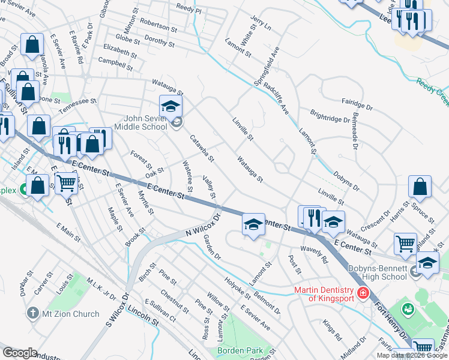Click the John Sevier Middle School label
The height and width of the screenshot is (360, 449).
(x=137, y=122)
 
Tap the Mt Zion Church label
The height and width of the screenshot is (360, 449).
(x=70, y=313)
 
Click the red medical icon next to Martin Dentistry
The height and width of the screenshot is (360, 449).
(x=363, y=293)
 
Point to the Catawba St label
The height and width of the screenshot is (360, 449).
(x=202, y=148)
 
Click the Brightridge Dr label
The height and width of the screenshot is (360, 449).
(x=330, y=116)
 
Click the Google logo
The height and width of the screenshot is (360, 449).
(x=20, y=352)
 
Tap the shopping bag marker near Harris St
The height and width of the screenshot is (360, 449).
(x=421, y=188)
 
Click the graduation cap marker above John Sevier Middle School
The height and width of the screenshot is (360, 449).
(x=171, y=107)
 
